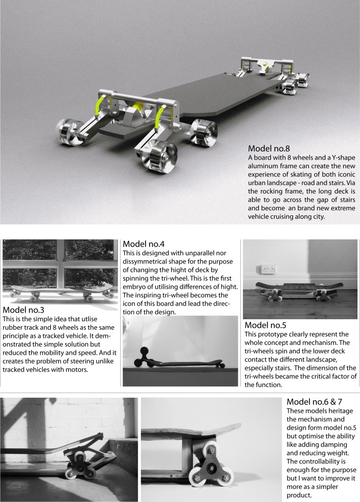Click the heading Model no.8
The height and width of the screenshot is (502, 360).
(269, 148)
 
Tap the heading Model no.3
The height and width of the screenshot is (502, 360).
(23, 310)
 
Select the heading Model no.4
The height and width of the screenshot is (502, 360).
(143, 244)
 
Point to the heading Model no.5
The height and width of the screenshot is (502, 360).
(265, 325)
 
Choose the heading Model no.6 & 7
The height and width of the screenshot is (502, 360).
(314, 402)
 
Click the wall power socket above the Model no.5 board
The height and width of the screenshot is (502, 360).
(266, 269)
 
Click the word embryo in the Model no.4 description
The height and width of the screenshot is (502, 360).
(134, 287)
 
